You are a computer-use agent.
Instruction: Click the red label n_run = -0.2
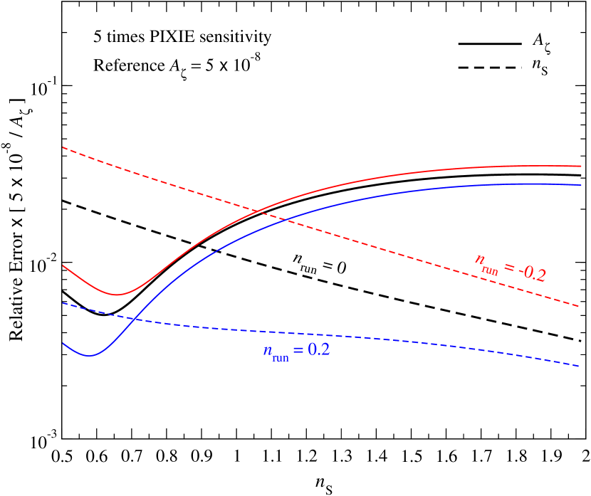pos(511,268)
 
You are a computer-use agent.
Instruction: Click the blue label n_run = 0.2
pos(296,351)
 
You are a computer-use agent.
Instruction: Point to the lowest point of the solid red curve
pos(118,295)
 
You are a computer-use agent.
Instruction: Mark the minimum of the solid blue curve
pos(90,355)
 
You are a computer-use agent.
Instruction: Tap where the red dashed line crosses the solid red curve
pos(258,210)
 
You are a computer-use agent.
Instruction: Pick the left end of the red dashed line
pos(63,147)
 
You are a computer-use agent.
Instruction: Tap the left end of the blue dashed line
pos(63,302)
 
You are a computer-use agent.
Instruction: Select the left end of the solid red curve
pos(63,265)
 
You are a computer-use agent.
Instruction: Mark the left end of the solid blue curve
pos(63,343)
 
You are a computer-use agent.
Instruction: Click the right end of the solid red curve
pos(582,166)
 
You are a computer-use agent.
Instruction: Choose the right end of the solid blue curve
pos(582,185)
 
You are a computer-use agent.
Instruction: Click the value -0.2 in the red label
pos(532,273)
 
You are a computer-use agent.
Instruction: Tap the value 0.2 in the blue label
pos(318,350)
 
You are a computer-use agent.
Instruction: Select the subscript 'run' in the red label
pos(490,270)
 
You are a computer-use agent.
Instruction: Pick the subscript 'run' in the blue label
pos(281,357)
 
